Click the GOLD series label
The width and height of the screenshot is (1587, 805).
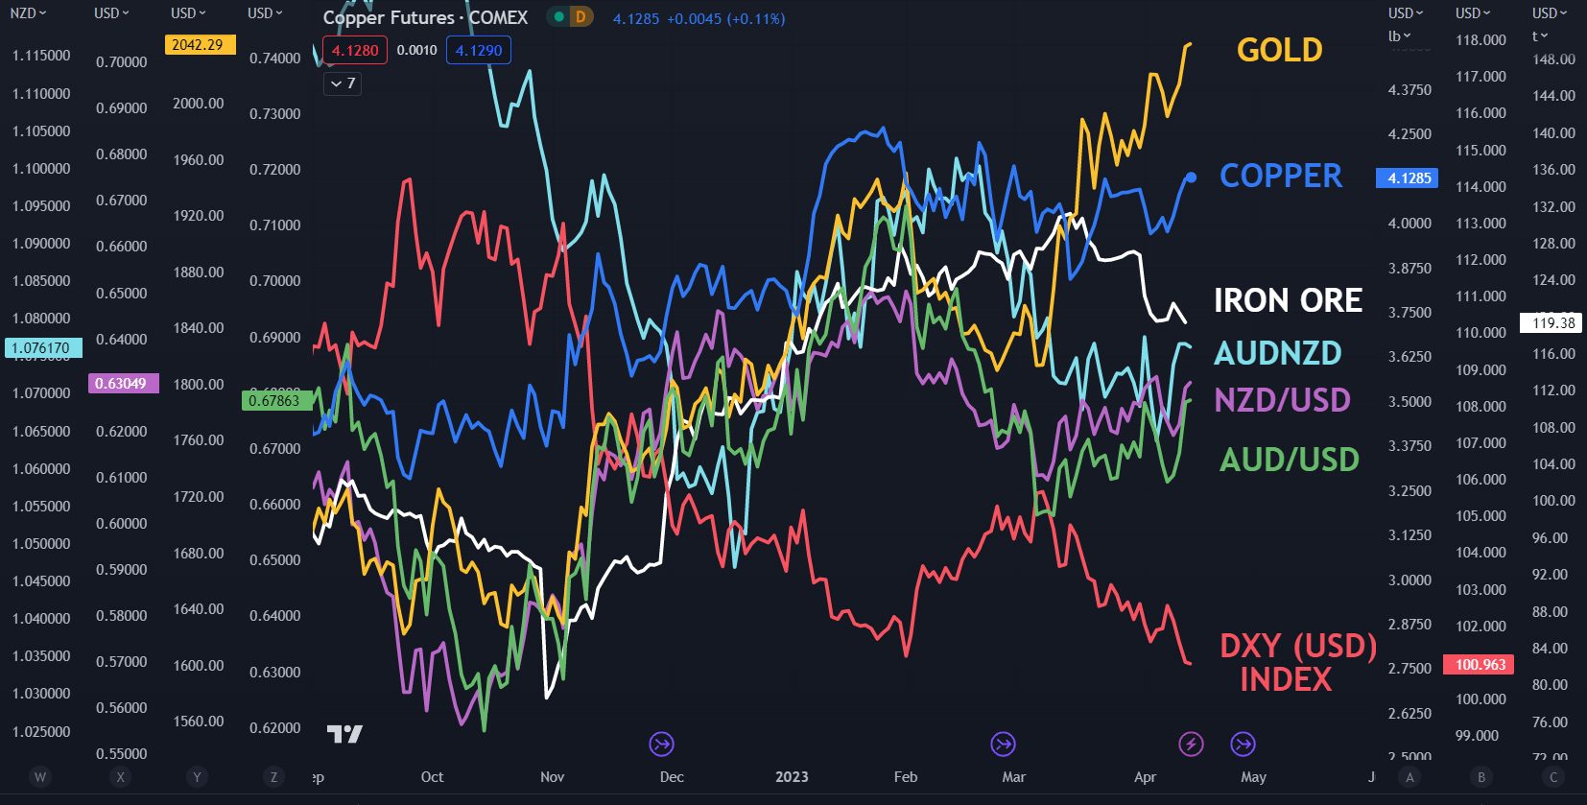coord(1279,50)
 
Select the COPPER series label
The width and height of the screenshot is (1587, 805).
coord(1280,176)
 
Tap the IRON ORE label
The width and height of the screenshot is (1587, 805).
coord(1288,300)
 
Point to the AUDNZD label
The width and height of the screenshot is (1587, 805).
coord(1277,353)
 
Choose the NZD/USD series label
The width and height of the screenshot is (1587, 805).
coord(1282,399)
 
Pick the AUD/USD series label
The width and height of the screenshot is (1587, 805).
coord(1289,460)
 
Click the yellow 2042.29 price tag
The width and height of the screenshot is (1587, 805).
coord(200,45)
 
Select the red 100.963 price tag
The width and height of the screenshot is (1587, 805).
coord(1480,664)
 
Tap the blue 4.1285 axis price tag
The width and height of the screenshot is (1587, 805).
coord(1408,178)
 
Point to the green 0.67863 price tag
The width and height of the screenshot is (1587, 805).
coord(274,401)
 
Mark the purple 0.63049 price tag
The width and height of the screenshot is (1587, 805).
coord(122,384)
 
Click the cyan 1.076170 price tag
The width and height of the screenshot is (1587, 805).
coord(41,347)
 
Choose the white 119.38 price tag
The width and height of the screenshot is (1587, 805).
coord(1551,323)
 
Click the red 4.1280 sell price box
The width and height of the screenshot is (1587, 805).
coord(355,51)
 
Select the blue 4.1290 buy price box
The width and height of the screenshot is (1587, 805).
coord(478,51)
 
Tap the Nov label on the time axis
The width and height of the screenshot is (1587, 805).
coord(552,777)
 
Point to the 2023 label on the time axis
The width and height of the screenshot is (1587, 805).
coord(792,777)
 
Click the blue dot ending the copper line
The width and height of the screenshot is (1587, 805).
coord(1191,178)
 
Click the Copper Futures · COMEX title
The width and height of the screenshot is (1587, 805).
coord(425,17)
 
